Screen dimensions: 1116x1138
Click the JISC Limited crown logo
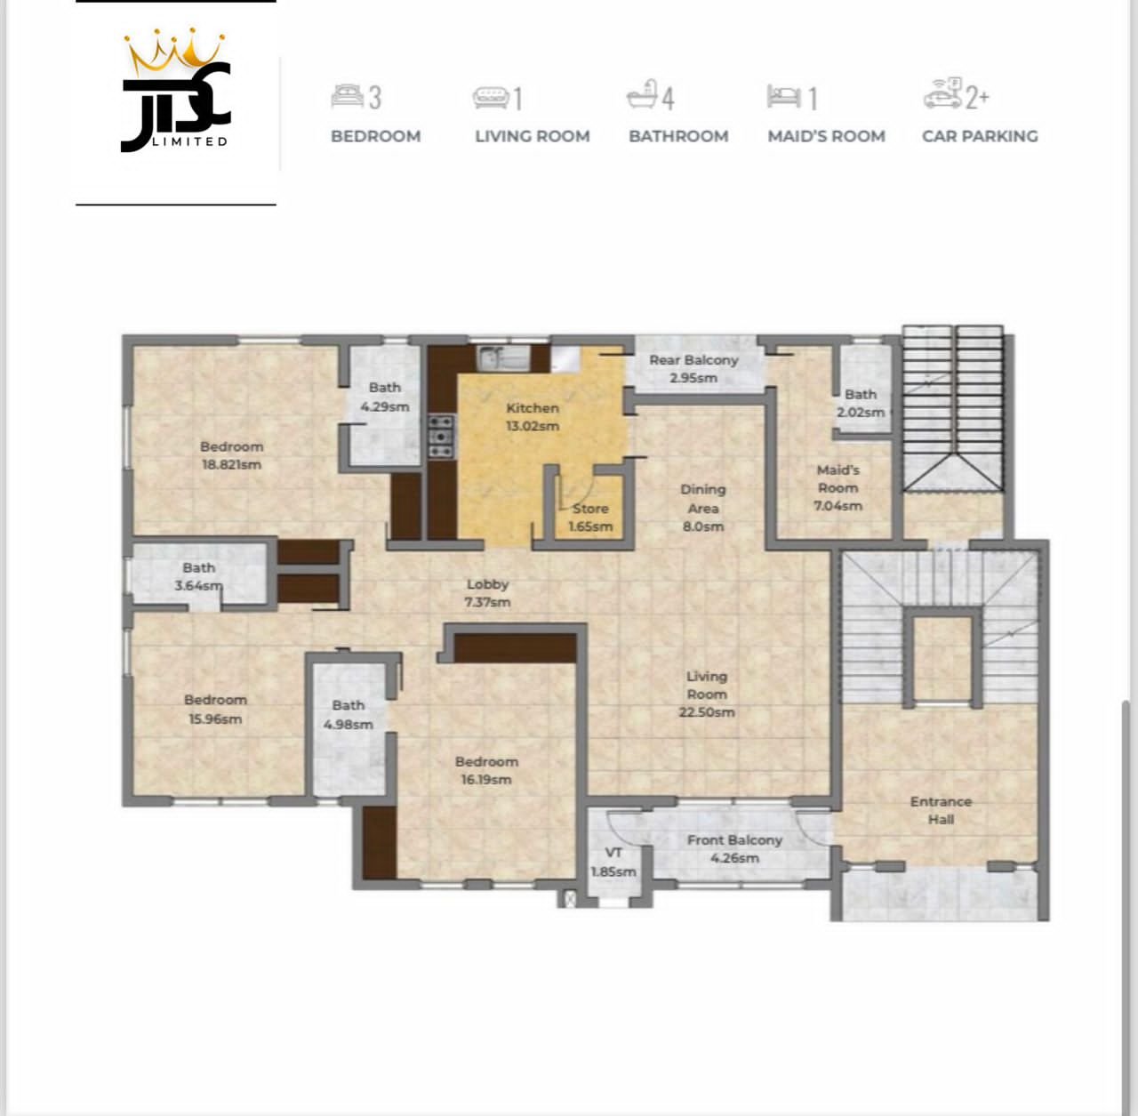[176, 92]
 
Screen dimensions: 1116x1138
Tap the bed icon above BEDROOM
[347, 95]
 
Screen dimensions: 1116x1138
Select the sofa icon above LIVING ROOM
[490, 96]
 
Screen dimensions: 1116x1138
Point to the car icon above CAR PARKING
[942, 93]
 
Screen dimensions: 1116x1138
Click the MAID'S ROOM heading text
[826, 136]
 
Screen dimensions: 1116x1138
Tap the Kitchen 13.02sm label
[533, 416]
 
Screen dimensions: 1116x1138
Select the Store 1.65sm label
[590, 517]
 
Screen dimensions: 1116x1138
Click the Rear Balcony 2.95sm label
[693, 368]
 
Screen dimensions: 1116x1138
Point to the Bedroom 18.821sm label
[231, 454]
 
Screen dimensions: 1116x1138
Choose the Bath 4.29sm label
[384, 397]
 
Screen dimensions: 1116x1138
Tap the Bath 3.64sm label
[198, 576]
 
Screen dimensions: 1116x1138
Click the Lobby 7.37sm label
[487, 592]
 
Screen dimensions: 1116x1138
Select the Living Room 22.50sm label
[706, 694]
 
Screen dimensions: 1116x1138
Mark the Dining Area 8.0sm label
[702, 507]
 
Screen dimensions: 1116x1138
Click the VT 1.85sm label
[613, 862]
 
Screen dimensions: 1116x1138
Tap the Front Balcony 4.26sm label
[734, 848]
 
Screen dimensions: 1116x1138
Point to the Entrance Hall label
[941, 809]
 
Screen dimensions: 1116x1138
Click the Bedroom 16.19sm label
[485, 770]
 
